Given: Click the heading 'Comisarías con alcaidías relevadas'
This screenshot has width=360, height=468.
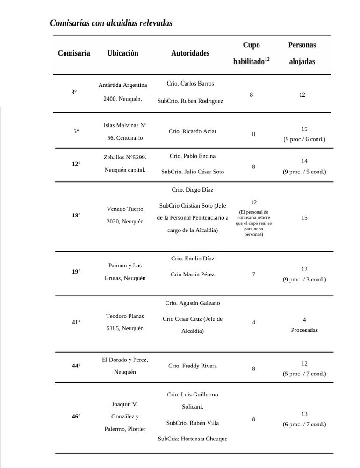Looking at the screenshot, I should coord(111,23).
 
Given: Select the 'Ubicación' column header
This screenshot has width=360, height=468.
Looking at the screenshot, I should coord(122,53).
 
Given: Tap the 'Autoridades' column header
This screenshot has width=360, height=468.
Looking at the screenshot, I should coord(190,53).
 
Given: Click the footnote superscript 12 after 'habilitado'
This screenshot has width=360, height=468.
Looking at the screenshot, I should coord(267,59).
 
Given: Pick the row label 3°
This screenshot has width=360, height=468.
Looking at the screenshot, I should coord(74,92).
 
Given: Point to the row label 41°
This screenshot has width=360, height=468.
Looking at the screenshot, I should coord(76,322).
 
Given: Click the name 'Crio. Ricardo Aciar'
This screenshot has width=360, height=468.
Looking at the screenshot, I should coord(193,131).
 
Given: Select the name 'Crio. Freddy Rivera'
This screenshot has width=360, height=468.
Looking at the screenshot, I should coord(193,366).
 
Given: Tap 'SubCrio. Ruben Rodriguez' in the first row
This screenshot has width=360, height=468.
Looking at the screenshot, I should coord(190,101).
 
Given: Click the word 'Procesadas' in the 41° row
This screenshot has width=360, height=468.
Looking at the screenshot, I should coord(304,330).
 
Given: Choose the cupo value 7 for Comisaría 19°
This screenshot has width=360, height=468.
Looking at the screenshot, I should coord(253,274).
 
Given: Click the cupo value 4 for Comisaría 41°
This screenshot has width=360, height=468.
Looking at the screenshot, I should coord(253,322).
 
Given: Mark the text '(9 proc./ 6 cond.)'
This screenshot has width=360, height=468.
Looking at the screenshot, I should coord(304,139).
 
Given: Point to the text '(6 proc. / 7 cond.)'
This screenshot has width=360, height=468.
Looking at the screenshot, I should coord(304,424).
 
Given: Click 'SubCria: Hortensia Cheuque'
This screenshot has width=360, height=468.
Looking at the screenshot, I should coord(193,439).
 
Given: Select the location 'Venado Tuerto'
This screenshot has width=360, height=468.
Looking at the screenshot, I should coord(125,209).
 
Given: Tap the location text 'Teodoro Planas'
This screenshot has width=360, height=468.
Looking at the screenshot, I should coord(125,316).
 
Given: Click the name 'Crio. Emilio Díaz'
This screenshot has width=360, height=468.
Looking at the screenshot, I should coord(193,258).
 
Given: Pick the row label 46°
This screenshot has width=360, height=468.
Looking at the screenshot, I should coord(76,416).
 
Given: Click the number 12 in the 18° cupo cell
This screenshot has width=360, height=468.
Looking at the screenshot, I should coord(253,202).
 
